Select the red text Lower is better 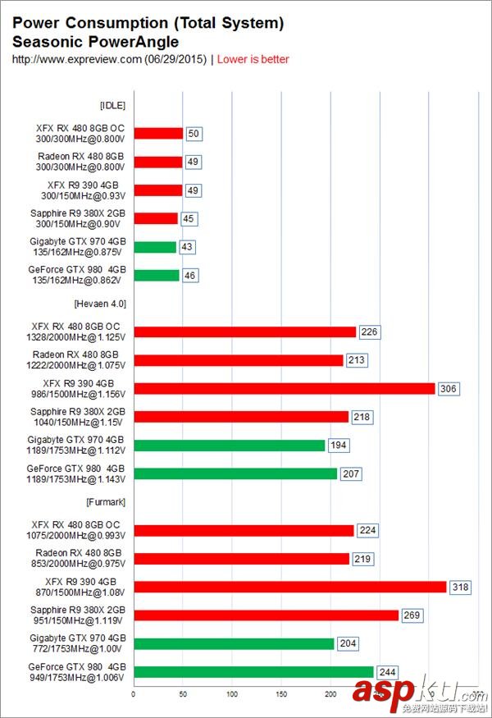[x=253, y=59]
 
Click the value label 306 [x=448, y=389]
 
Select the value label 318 [x=459, y=587]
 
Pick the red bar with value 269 [x=266, y=615]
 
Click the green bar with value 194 [x=229, y=446]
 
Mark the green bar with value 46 [x=156, y=276]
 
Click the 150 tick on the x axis [x=281, y=693]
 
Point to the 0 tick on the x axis [x=134, y=693]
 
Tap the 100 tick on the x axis [x=232, y=693]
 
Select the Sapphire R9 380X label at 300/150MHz [x=78, y=218]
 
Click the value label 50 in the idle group [x=194, y=134]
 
